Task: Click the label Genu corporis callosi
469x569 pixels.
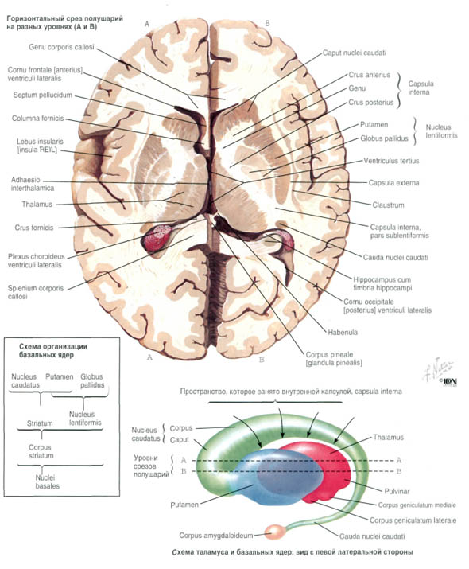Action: point(61,47)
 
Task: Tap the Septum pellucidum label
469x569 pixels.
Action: point(42,95)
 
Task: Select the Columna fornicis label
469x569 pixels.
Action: point(37,119)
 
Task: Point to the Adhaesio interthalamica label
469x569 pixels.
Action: point(33,184)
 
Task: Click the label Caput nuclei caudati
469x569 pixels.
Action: point(354,53)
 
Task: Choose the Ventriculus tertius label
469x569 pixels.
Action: point(391,161)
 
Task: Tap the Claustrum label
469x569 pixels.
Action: point(388,205)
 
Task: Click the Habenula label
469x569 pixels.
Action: point(343,332)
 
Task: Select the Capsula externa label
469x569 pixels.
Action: point(393,183)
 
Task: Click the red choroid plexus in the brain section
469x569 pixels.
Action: point(158,239)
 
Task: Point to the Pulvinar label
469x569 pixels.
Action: point(397,491)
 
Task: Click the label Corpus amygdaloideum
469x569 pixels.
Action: point(216,536)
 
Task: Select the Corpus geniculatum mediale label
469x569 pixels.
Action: point(417,505)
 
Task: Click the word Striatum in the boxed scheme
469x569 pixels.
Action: point(40,423)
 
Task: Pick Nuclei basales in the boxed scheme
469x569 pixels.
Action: point(47,482)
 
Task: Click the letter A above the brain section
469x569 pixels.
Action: point(147,24)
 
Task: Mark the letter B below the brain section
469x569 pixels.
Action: point(262,360)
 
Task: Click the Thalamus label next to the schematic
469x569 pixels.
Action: point(388,437)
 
